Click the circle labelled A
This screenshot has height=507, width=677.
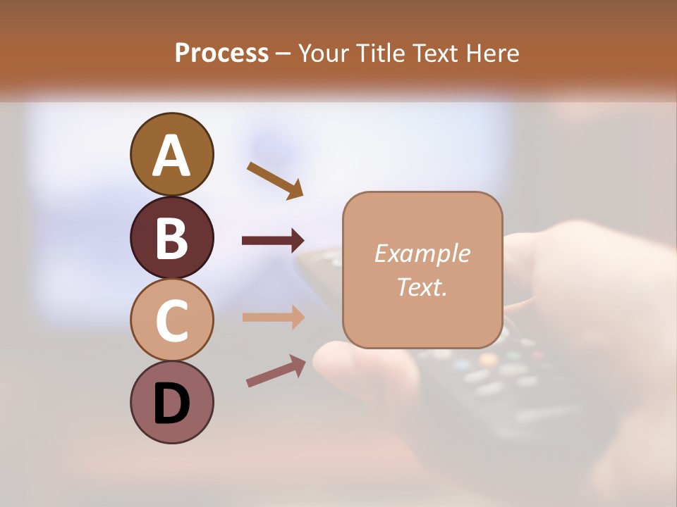point(171,154)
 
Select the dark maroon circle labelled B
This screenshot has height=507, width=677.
point(171,237)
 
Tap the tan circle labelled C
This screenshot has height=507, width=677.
point(171,320)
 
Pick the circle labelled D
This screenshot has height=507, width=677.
point(171,402)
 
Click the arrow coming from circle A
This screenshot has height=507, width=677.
point(275,180)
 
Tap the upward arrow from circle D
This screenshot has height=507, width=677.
point(276,371)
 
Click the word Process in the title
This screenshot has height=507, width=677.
point(221,53)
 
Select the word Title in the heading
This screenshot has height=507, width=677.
point(379,53)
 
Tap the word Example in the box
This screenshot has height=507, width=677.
point(422,254)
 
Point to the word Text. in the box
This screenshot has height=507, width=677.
point(422,287)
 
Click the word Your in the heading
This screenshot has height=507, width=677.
point(324,53)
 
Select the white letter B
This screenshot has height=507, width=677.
point(171,238)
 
